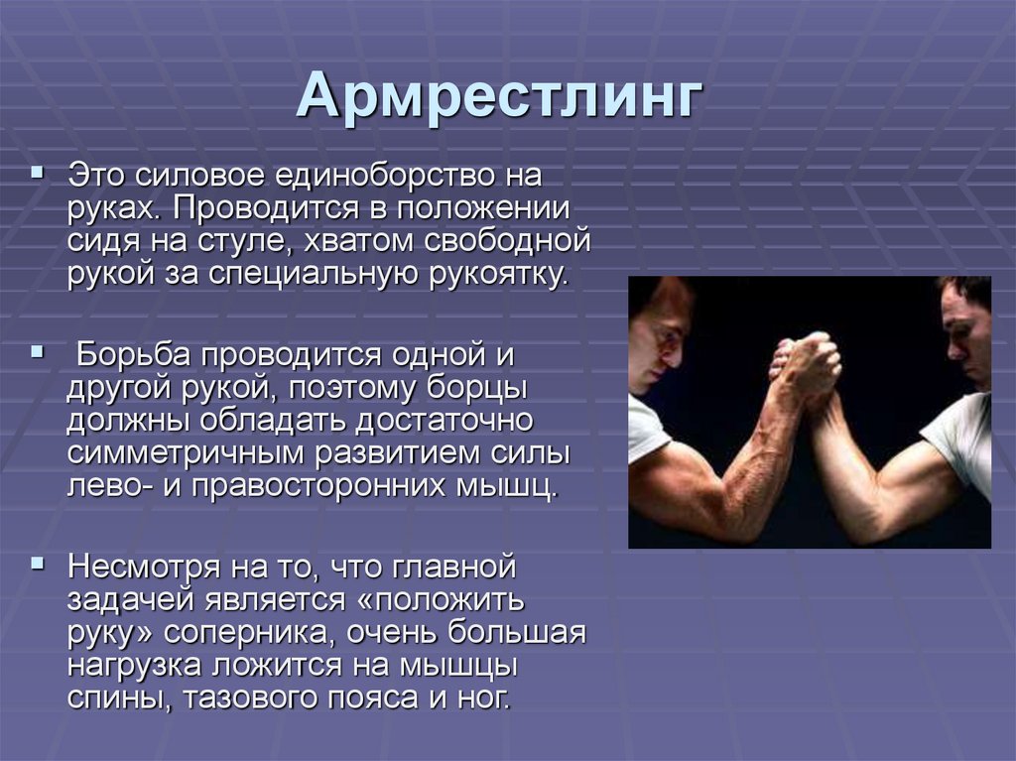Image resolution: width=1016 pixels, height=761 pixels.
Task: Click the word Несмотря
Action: click(144, 568)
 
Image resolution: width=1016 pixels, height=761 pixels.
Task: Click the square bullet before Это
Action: click(38, 173)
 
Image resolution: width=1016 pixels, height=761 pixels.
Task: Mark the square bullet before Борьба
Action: click(38, 353)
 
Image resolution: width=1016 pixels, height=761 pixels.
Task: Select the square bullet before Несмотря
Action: click(38, 563)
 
